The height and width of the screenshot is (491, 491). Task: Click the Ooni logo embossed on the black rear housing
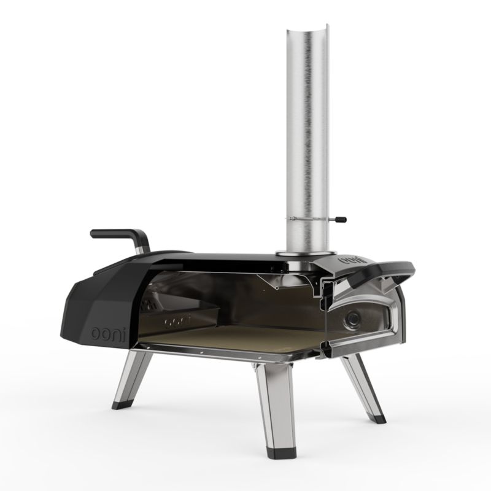pyautogui.click(x=109, y=334)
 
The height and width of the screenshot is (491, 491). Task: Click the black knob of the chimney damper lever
pyautogui.click(x=341, y=220)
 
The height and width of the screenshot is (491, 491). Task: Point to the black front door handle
pyautogui.click(x=376, y=273)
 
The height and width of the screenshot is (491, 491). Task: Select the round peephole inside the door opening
pyautogui.click(x=352, y=319)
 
